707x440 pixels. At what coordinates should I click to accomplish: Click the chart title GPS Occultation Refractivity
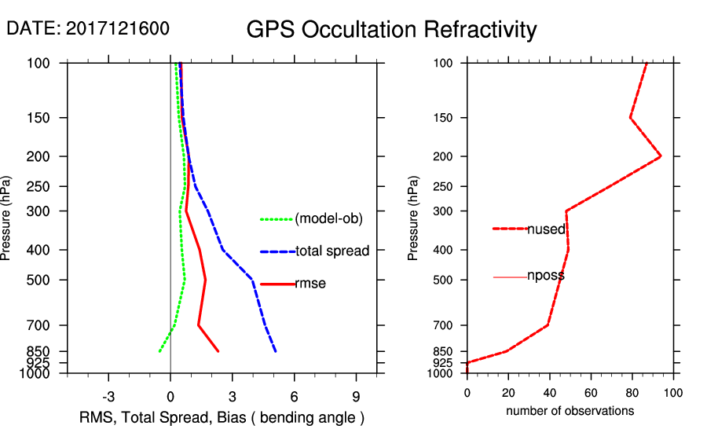[x=391, y=30]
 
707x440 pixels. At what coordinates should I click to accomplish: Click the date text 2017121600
[x=118, y=28]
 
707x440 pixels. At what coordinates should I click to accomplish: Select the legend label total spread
[x=332, y=251]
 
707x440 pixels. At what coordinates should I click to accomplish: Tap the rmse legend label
[x=310, y=284]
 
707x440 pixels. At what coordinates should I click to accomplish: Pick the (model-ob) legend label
[x=329, y=219]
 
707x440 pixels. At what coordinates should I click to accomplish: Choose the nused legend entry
[x=546, y=229]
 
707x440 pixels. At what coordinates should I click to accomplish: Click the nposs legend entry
[x=546, y=277]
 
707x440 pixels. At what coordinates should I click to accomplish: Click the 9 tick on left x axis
[x=356, y=396]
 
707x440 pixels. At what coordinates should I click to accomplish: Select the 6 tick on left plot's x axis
[x=294, y=396]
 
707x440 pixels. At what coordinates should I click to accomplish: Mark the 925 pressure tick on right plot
[x=443, y=363]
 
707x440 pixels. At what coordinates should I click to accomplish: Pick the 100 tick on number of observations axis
[x=672, y=392]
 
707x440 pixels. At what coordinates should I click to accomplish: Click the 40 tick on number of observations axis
[x=549, y=392]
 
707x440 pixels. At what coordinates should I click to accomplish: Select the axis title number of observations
[x=570, y=411]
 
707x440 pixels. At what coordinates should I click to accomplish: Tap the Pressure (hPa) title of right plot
[x=414, y=218]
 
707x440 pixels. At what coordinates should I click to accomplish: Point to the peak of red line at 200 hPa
[x=661, y=156]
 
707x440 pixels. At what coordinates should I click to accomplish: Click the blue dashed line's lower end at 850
[x=276, y=351]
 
